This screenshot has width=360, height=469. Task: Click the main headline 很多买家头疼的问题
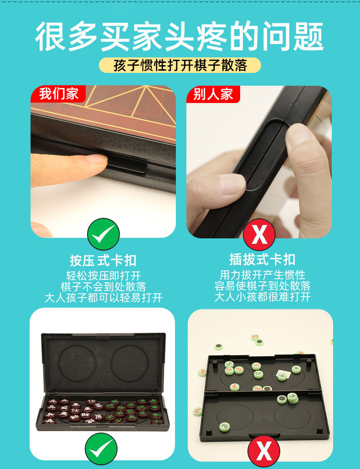click(180, 36)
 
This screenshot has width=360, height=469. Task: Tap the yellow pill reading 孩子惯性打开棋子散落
click(180, 65)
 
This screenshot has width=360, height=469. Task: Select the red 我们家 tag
click(59, 93)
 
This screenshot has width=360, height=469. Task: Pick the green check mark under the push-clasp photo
click(103, 234)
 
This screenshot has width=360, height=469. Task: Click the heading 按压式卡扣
click(103, 261)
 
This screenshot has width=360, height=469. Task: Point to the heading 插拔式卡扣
click(262, 259)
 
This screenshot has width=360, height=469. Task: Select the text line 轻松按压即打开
click(103, 276)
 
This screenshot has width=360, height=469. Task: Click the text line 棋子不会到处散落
click(103, 287)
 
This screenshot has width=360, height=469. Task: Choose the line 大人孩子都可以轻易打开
click(103, 298)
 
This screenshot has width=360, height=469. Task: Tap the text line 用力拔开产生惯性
click(262, 274)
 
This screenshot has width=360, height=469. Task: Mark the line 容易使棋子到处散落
click(262, 286)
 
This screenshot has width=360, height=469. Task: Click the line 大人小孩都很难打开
click(262, 297)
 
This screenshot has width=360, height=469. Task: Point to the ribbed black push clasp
click(126, 165)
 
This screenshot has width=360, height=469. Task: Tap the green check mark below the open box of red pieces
click(101, 448)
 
